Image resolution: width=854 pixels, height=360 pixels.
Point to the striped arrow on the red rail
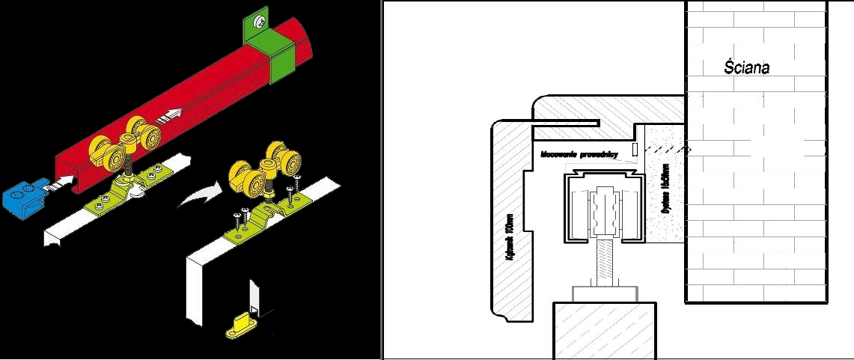point(171,115)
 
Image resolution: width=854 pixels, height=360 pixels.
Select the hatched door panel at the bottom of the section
point(606,329)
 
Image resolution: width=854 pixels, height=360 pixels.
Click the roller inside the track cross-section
point(605,214)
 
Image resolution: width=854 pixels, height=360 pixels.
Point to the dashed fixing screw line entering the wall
point(666,148)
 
